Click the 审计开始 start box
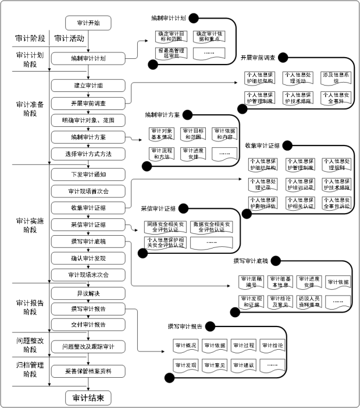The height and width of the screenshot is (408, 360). point(88,23)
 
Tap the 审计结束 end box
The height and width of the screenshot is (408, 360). point(88,398)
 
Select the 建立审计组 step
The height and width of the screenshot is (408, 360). point(88,86)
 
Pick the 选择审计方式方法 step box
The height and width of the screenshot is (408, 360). point(88,154)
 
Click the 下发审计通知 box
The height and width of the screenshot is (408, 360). point(88,174)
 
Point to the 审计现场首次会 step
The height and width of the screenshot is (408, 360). point(88,191)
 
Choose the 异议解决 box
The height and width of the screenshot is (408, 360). point(88,292)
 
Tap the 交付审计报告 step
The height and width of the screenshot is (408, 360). point(88,324)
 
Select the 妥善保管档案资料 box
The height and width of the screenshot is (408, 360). point(88,370)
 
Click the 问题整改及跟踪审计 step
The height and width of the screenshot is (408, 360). point(88,346)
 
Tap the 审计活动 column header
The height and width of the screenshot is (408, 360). point(69,38)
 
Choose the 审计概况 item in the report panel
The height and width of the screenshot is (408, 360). point(186,346)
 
